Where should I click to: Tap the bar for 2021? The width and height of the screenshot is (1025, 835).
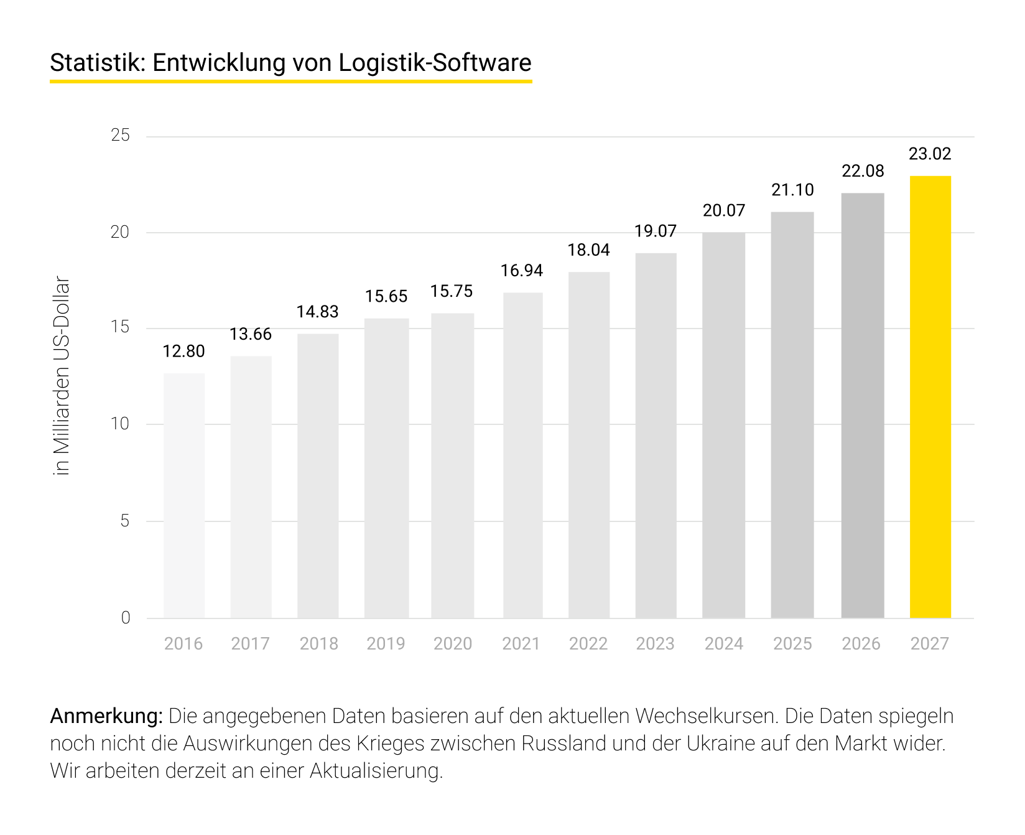(522, 455)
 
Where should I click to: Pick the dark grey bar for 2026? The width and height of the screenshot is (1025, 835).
(862, 405)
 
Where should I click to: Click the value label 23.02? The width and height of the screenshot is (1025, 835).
(930, 154)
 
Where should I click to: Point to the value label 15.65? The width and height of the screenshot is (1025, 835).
(386, 296)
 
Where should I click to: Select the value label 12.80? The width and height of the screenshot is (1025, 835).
(183, 352)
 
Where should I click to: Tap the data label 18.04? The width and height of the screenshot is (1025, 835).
(588, 250)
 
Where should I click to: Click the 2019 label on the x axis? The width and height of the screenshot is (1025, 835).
(386, 643)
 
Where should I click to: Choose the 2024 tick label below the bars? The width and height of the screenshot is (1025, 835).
(723, 643)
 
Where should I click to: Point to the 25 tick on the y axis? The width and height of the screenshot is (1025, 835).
(120, 135)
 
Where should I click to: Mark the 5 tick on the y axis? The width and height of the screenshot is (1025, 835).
(125, 521)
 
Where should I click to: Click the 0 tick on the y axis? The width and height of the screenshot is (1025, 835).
(126, 618)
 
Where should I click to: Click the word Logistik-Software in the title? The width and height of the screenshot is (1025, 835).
(435, 63)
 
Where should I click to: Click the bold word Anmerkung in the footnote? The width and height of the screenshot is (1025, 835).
(106, 716)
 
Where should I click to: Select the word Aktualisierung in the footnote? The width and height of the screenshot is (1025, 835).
(376, 771)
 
